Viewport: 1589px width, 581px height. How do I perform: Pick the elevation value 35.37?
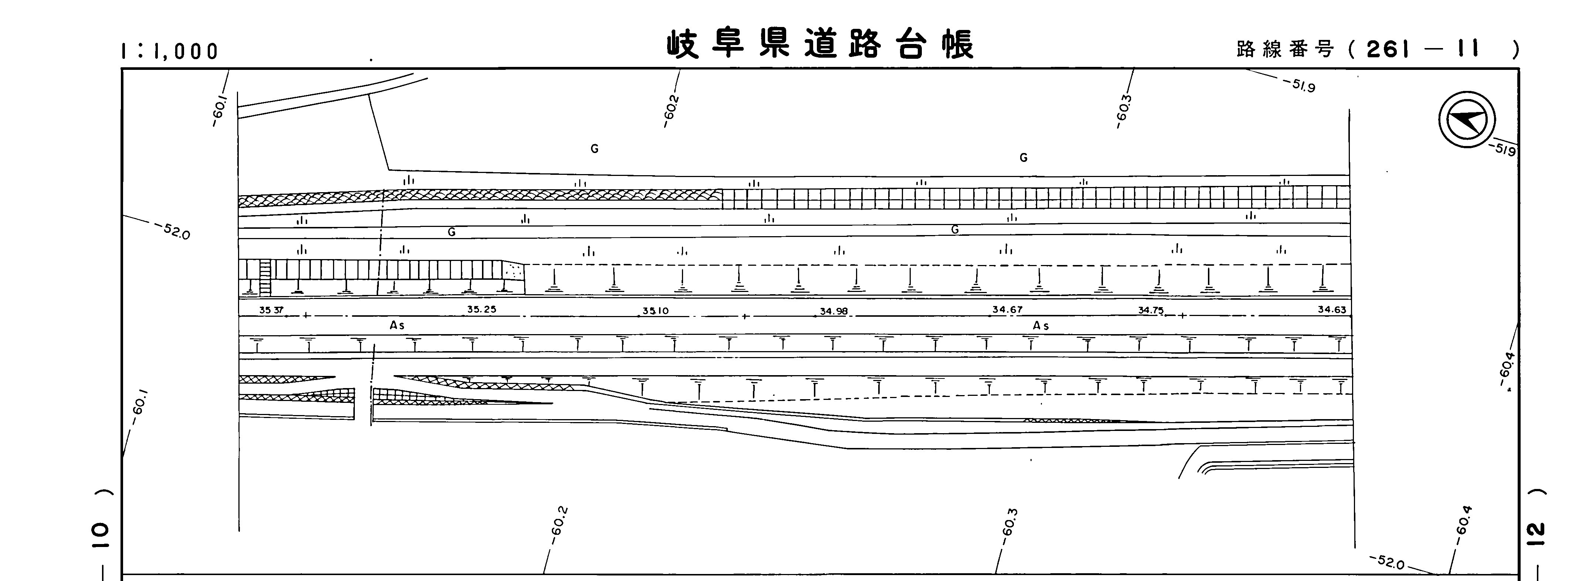click(271, 310)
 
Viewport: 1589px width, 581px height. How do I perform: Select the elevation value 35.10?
click(655, 311)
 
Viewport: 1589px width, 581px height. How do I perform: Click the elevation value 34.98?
click(833, 312)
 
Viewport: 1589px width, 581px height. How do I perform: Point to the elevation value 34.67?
click(1007, 310)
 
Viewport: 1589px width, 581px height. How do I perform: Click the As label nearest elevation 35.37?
click(397, 325)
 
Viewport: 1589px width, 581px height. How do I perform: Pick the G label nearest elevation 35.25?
click(452, 232)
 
